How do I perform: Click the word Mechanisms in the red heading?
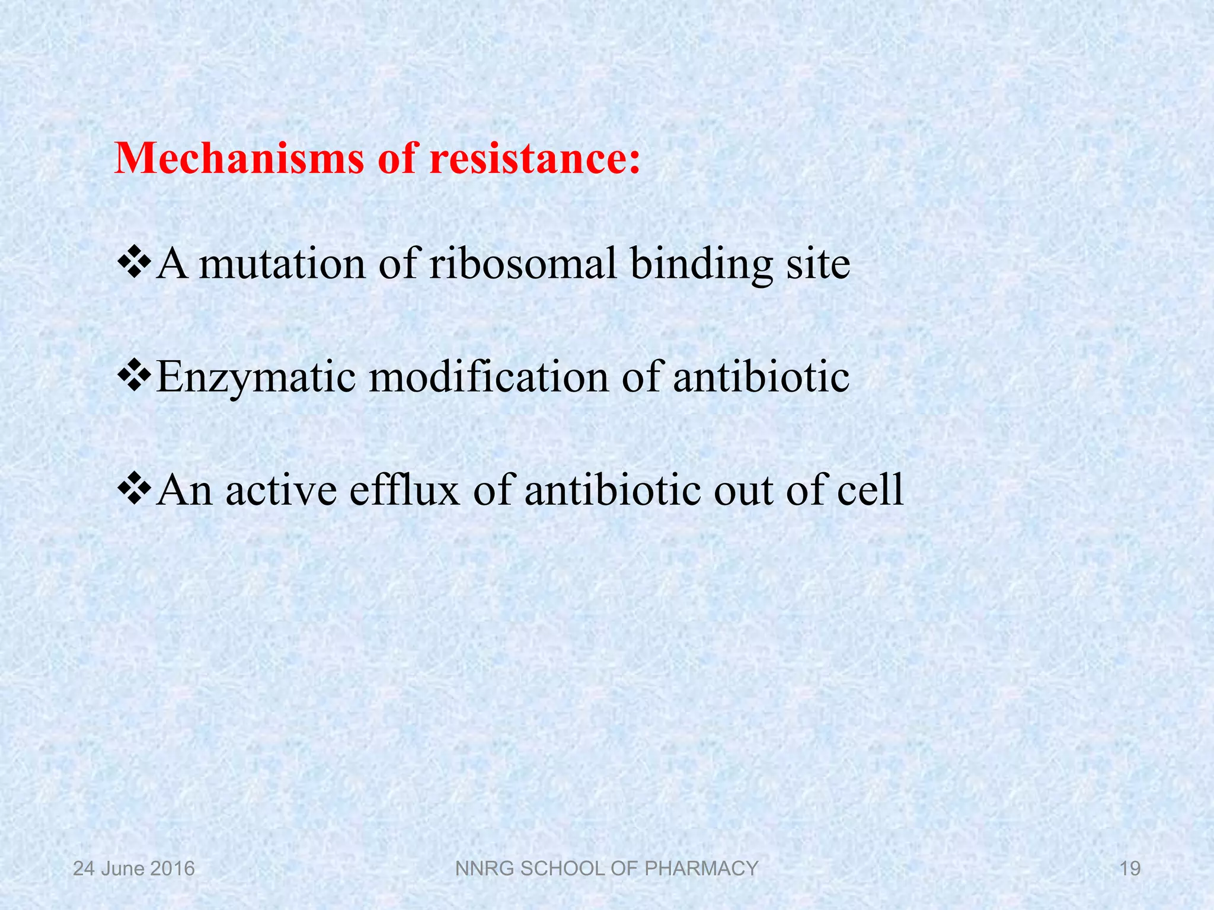coord(239,159)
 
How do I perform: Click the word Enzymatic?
coord(255,377)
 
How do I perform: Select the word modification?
coord(488,377)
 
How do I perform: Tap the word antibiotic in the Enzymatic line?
coord(761,377)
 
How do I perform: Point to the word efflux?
coord(404,491)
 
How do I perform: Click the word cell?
coord(870,491)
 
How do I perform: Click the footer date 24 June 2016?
coord(134,869)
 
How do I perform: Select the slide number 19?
coord(1130,869)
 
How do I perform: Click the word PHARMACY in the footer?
coord(701,869)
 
